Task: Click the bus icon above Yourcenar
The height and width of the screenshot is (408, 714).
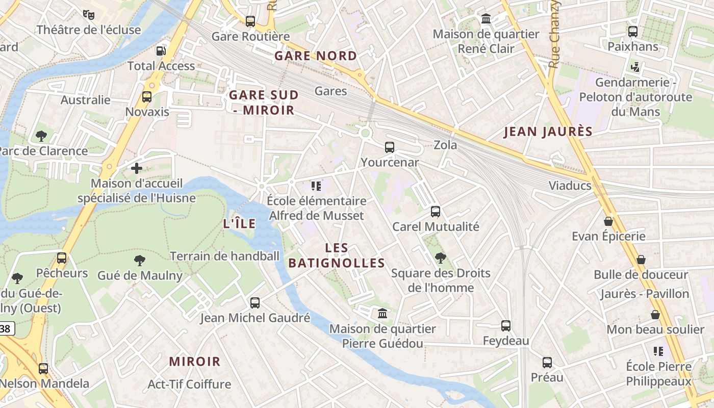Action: (390, 147)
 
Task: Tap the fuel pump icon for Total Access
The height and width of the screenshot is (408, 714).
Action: (161, 50)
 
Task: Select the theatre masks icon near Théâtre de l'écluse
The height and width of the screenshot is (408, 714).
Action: (89, 14)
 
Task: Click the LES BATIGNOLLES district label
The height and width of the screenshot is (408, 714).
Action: (337, 256)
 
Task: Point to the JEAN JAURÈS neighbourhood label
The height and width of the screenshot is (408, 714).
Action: (548, 132)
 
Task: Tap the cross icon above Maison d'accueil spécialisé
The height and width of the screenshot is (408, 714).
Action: (137, 168)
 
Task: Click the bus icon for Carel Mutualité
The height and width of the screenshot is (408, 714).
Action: (436, 211)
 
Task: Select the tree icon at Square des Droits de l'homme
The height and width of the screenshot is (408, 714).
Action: (441, 258)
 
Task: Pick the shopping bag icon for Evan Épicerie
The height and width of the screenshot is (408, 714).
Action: (608, 221)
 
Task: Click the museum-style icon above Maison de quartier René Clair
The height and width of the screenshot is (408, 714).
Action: (486, 19)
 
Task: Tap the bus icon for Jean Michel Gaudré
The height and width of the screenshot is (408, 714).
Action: (255, 302)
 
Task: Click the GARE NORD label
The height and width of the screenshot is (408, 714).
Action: (316, 56)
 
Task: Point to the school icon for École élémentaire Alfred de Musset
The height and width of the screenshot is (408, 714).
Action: (316, 186)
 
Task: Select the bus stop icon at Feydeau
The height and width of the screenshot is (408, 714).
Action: (506, 325)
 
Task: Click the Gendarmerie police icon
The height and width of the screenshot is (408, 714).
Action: (635, 67)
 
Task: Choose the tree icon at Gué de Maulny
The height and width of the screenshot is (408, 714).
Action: (140, 261)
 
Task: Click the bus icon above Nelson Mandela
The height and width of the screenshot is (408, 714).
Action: (43, 368)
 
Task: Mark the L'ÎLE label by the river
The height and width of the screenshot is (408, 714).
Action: (240, 223)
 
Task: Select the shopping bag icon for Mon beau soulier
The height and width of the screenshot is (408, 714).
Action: (655, 315)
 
